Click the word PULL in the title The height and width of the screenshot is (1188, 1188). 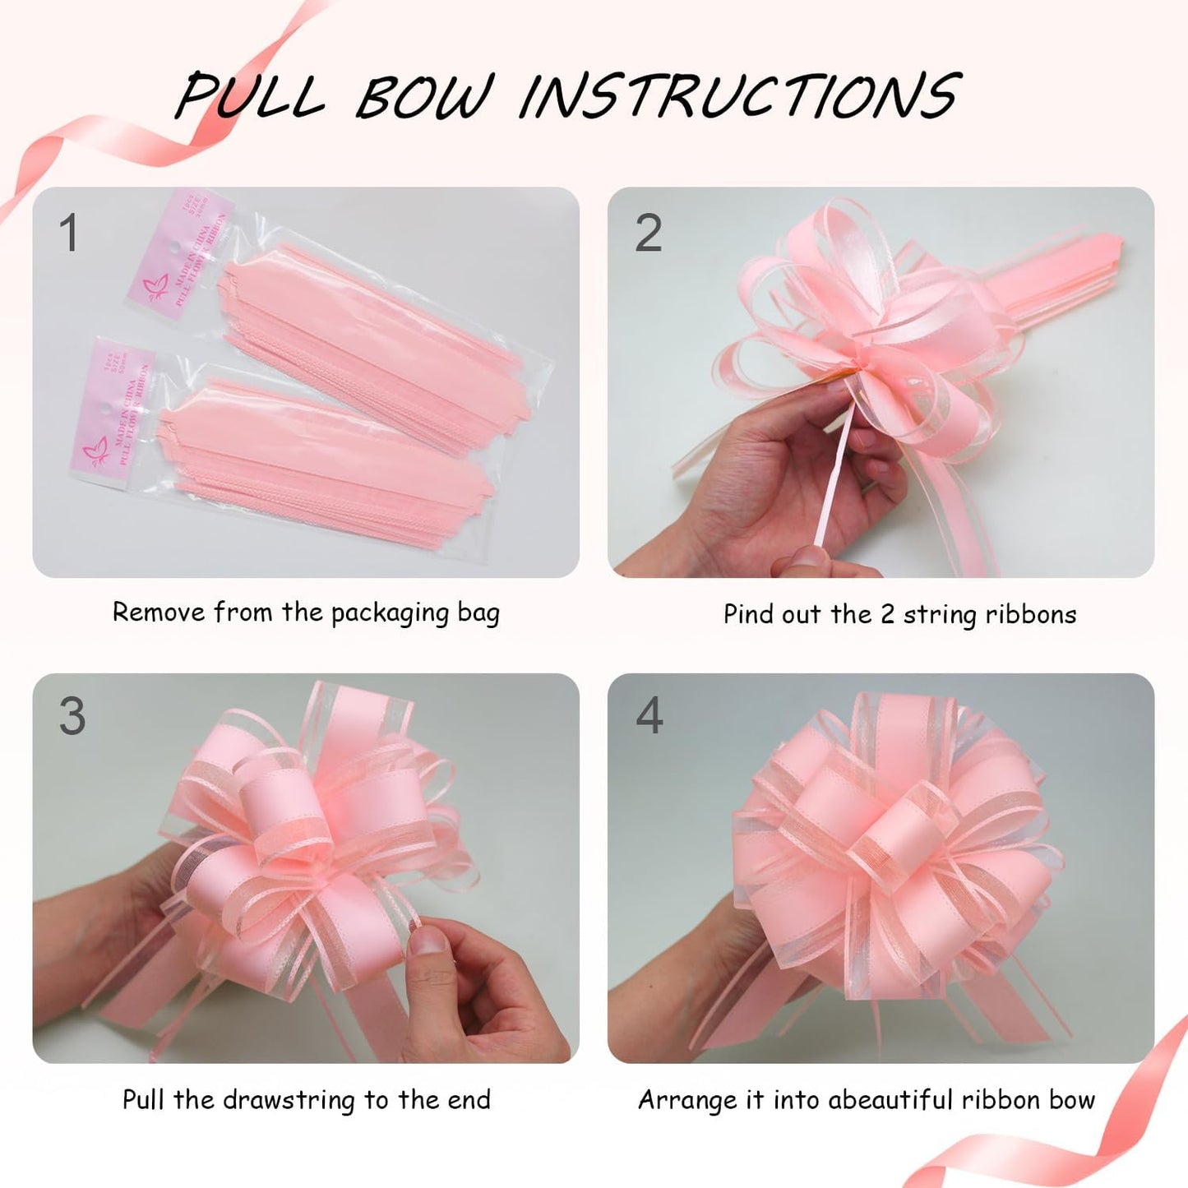tap(250, 96)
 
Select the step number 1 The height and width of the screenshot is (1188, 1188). tap(69, 233)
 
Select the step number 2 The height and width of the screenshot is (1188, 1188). tap(648, 233)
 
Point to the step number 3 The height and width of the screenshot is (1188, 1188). tap(72, 716)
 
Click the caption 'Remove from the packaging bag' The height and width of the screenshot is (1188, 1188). tap(306, 613)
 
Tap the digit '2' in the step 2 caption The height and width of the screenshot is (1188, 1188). tap(887, 615)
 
